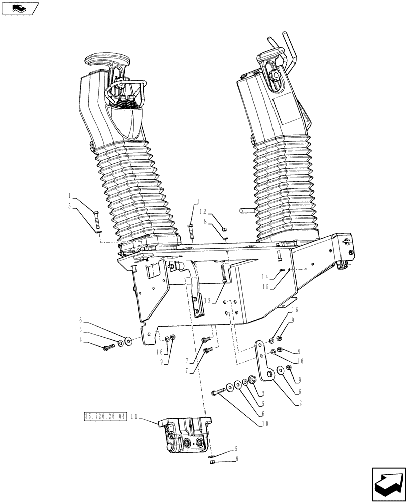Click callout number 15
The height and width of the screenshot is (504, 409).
(265, 287)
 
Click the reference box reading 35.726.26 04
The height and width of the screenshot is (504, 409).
(104, 417)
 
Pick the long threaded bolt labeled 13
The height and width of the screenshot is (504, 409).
(222, 275)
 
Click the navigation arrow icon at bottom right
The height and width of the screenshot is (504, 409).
(388, 483)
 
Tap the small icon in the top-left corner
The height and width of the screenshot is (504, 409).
(20, 8)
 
